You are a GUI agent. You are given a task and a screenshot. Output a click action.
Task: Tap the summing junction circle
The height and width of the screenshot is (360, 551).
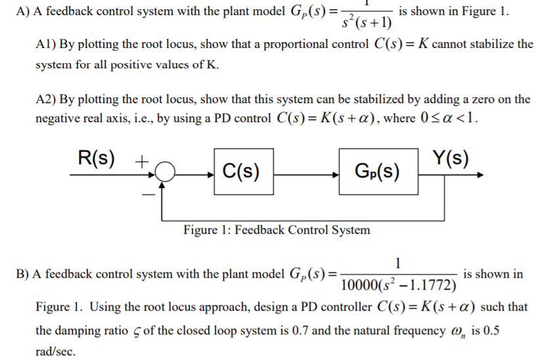[166, 173]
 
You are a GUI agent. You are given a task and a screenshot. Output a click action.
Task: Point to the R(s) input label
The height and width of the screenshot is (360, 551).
[96, 158]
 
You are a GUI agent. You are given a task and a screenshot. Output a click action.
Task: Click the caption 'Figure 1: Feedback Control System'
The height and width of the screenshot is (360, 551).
[276, 230]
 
